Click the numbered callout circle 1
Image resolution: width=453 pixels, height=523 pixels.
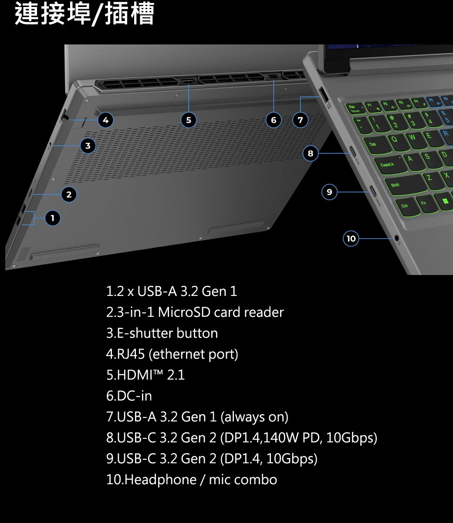click(x=53, y=218)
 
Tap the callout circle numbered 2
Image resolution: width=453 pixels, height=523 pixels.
click(x=69, y=194)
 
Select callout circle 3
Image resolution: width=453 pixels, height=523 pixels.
click(x=88, y=146)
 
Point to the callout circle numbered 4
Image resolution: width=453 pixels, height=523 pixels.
click(x=105, y=120)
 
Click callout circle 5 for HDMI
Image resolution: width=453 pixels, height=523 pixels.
click(x=188, y=120)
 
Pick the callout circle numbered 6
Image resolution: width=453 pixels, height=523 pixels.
click(x=274, y=120)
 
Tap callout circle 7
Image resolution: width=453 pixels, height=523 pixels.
click(x=300, y=120)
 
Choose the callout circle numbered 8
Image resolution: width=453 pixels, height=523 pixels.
click(x=310, y=153)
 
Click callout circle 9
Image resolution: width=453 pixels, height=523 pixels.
click(x=329, y=192)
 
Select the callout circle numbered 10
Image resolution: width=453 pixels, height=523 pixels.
click(x=351, y=238)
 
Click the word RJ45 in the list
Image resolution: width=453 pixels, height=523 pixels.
click(x=131, y=354)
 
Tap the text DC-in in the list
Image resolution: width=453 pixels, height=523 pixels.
click(x=135, y=396)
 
